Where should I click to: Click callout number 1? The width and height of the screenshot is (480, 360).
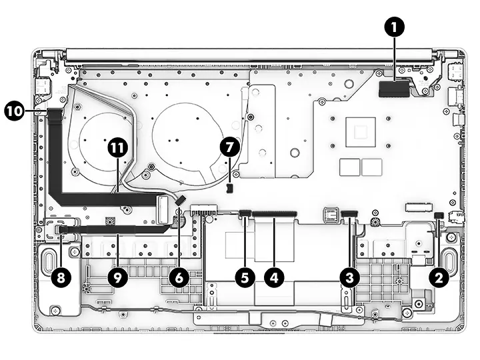(x=394, y=27)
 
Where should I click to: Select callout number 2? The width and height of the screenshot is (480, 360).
(x=439, y=278)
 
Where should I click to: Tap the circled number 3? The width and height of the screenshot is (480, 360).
(x=349, y=278)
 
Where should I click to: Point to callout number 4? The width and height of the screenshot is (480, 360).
(x=274, y=278)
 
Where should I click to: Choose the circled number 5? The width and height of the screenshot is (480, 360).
(x=245, y=278)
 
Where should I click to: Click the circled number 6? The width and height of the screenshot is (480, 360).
(x=179, y=278)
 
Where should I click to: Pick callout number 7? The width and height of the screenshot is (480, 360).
(x=229, y=147)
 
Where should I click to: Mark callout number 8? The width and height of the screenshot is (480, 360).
(x=61, y=278)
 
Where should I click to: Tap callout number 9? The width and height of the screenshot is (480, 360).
(x=117, y=278)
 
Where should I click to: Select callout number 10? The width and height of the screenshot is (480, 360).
(x=14, y=110)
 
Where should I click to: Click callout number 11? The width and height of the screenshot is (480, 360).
(x=118, y=148)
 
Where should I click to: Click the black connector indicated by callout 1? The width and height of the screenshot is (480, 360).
(x=394, y=89)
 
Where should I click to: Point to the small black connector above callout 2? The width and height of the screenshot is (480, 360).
(x=439, y=215)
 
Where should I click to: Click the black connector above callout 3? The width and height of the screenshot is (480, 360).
(x=349, y=213)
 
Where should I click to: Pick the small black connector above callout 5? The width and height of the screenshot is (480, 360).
(x=245, y=213)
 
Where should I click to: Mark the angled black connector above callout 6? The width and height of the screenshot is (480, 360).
(x=180, y=201)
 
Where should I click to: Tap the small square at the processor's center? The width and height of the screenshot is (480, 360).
(x=361, y=132)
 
